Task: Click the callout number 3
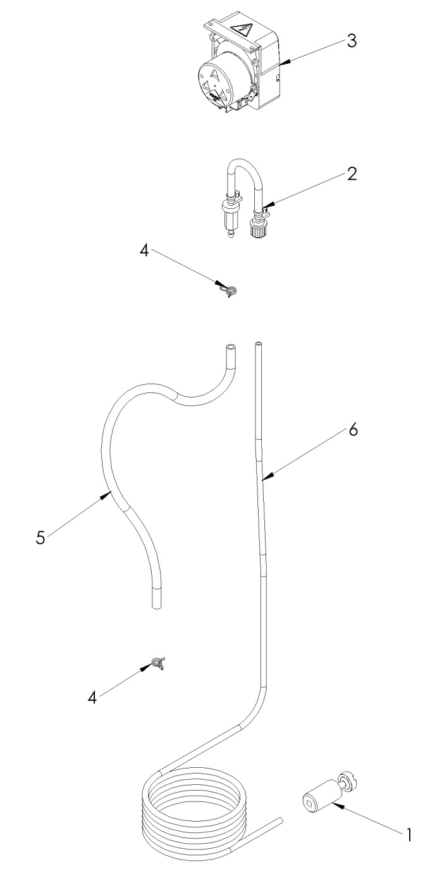click(x=351, y=40)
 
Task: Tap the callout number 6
click(x=352, y=430)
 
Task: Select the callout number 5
click(x=40, y=538)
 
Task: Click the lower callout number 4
click(x=92, y=697)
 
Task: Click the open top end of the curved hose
click(x=230, y=347)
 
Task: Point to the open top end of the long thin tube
click(x=259, y=344)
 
